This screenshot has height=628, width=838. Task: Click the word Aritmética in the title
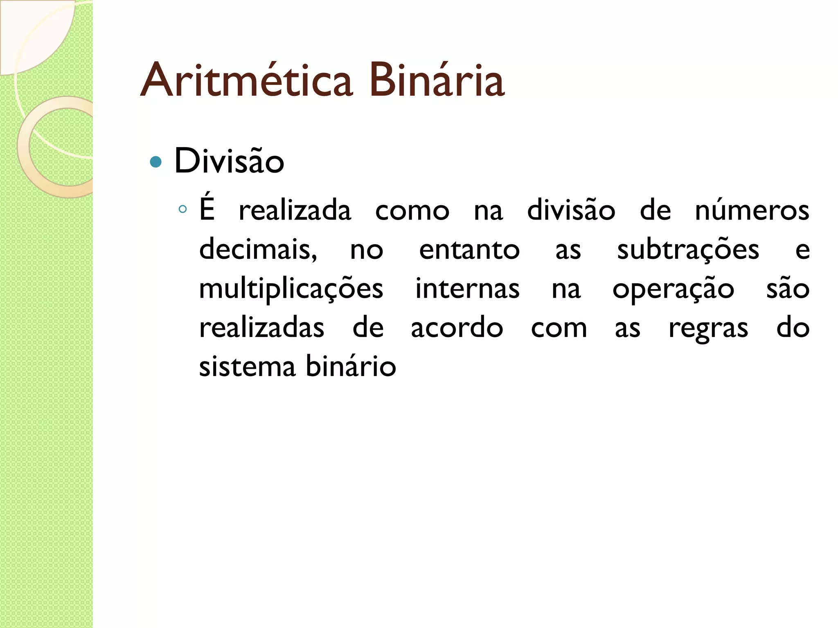[246, 81]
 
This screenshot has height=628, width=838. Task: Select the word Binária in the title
[437, 81]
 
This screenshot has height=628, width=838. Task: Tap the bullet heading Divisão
[229, 161]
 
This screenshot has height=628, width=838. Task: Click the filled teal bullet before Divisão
[156, 162]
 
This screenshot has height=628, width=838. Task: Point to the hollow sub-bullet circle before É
[182, 210]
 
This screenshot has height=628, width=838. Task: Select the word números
[752, 211]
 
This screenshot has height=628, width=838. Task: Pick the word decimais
[258, 249]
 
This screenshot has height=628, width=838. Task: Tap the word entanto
[469, 249]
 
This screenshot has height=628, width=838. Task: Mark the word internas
[467, 289]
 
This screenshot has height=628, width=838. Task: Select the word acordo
[457, 327]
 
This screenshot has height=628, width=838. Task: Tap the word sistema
[247, 366]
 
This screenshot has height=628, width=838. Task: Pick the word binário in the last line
[351, 366]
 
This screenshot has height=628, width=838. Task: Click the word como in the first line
[412, 211]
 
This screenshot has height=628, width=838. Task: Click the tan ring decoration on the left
[25, 164]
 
